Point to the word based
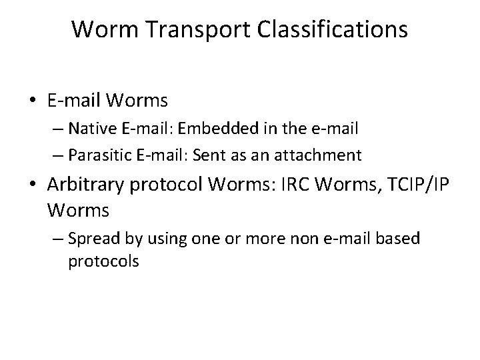(401, 238)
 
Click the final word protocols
(103, 261)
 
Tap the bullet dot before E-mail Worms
(33, 101)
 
